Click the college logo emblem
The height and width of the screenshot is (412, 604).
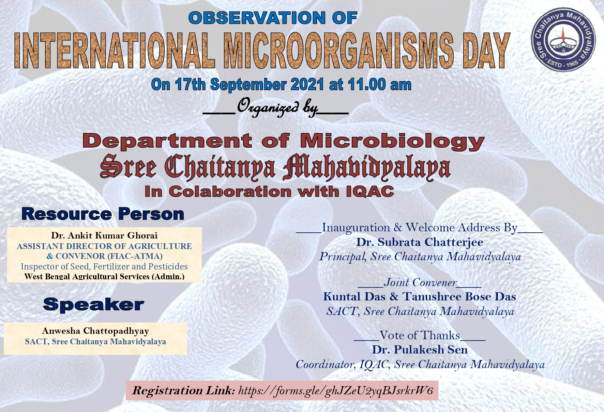point(563,40)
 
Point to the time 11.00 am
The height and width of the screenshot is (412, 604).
point(380,84)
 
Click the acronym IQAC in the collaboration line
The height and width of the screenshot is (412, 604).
point(370,192)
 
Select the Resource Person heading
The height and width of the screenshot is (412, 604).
point(103,214)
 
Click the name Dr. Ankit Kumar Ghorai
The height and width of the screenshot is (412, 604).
point(104,235)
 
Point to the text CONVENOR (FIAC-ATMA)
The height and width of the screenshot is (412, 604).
point(109,256)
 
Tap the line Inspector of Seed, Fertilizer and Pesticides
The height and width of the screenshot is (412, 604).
point(104,266)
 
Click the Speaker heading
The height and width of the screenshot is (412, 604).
point(94,304)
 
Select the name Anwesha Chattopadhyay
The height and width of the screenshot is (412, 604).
point(95,331)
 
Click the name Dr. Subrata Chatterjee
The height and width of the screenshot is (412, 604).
point(420,242)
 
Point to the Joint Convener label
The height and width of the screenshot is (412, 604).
point(420,282)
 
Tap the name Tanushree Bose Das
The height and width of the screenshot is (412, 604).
point(459,297)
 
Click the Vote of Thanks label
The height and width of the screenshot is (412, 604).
point(420,335)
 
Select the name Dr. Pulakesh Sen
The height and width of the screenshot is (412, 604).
point(420,350)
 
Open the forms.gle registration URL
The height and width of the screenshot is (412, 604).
point(335,391)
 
